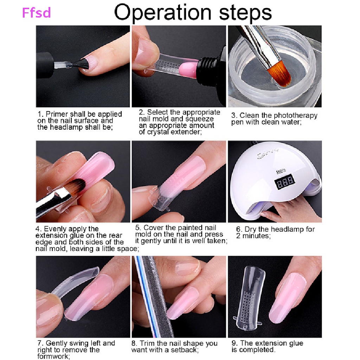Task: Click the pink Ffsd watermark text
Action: click(x=37, y=13)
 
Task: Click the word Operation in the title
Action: click(x=162, y=13)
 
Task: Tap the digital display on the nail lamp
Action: click(x=284, y=181)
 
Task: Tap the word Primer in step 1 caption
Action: click(x=57, y=114)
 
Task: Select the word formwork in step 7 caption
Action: click(x=53, y=356)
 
